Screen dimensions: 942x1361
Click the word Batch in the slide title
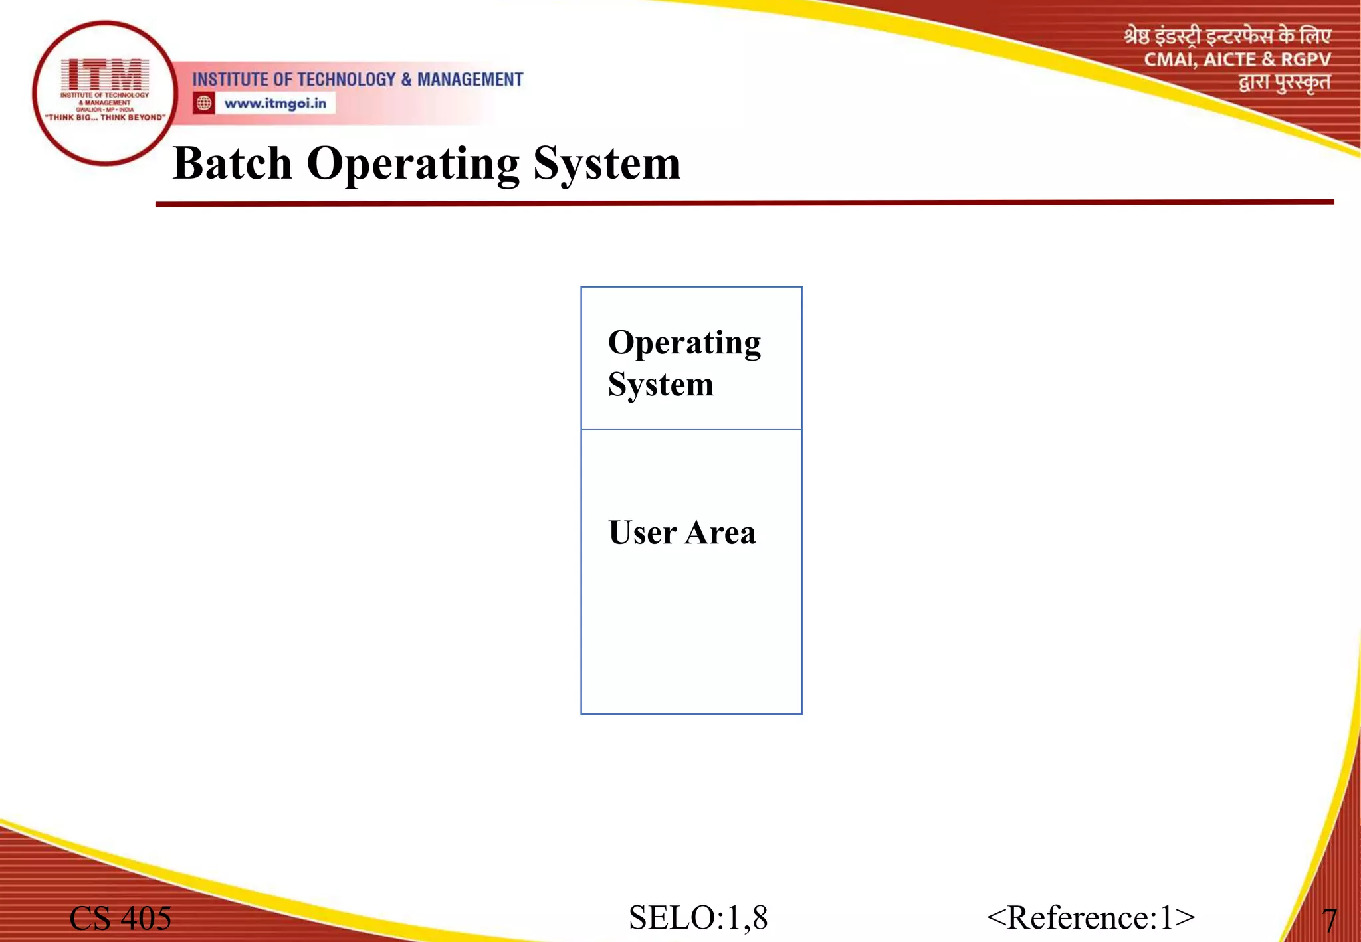tap(232, 163)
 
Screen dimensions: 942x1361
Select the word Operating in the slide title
tap(413, 165)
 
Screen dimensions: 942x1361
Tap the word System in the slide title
tap(607, 165)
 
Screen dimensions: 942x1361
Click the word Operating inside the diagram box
tap(684, 343)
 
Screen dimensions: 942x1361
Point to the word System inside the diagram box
tap(661, 385)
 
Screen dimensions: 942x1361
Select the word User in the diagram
tap(642, 533)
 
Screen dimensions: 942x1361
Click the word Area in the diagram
tap(720, 533)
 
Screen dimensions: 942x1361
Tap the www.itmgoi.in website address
tap(275, 104)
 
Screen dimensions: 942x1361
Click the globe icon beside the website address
tap(204, 103)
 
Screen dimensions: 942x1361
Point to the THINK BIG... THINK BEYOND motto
tap(105, 118)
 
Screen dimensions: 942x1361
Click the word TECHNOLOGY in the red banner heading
tap(346, 80)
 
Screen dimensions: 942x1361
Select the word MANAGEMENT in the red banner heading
tap(470, 80)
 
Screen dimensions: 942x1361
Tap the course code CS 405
tap(120, 919)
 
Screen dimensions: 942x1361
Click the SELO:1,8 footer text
tap(698, 918)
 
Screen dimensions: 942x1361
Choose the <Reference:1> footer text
tap(1091, 918)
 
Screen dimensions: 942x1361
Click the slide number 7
tap(1329, 921)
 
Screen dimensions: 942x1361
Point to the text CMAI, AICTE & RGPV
tap(1237, 60)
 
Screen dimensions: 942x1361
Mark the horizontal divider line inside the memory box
tap(691, 430)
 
